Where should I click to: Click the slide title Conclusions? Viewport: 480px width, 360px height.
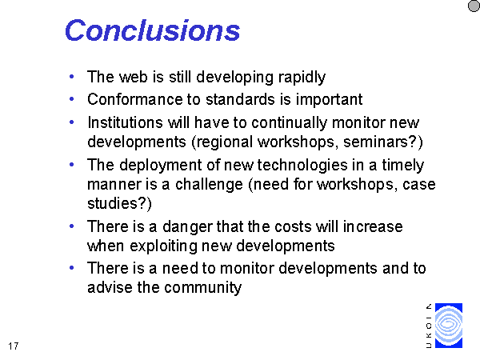pos(153,30)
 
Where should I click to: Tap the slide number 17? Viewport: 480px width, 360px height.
pos(13,346)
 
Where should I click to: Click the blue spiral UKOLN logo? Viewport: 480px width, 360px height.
pos(449,326)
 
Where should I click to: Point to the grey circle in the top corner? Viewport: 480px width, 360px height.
pos(474,6)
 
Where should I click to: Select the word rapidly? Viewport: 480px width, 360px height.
pos(302,78)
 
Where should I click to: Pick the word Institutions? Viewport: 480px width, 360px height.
pos(125,122)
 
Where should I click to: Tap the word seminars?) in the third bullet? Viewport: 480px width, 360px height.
pos(383,142)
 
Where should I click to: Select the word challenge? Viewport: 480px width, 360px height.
pos(209,185)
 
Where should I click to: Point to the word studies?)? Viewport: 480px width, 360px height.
pos(119,203)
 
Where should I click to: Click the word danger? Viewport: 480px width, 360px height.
pos(187,227)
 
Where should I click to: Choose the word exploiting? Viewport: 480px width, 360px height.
pos(163,246)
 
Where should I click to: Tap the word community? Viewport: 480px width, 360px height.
pos(202,288)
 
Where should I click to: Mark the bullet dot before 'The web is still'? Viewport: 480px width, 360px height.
pos(72,77)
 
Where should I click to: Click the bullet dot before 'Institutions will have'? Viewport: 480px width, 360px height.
pos(72,122)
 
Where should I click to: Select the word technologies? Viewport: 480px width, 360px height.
pos(302,166)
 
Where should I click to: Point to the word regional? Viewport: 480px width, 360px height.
pos(222,142)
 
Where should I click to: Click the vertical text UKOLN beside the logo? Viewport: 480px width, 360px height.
pos(429,326)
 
